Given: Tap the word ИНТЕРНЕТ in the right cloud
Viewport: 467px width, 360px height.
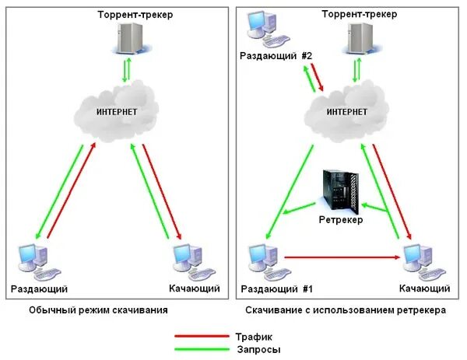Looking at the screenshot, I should pyautogui.click(x=346, y=112).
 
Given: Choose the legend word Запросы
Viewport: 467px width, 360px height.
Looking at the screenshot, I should pyautogui.click(x=258, y=349).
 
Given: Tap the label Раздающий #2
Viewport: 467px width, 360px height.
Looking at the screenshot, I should pyautogui.click(x=271, y=58).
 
